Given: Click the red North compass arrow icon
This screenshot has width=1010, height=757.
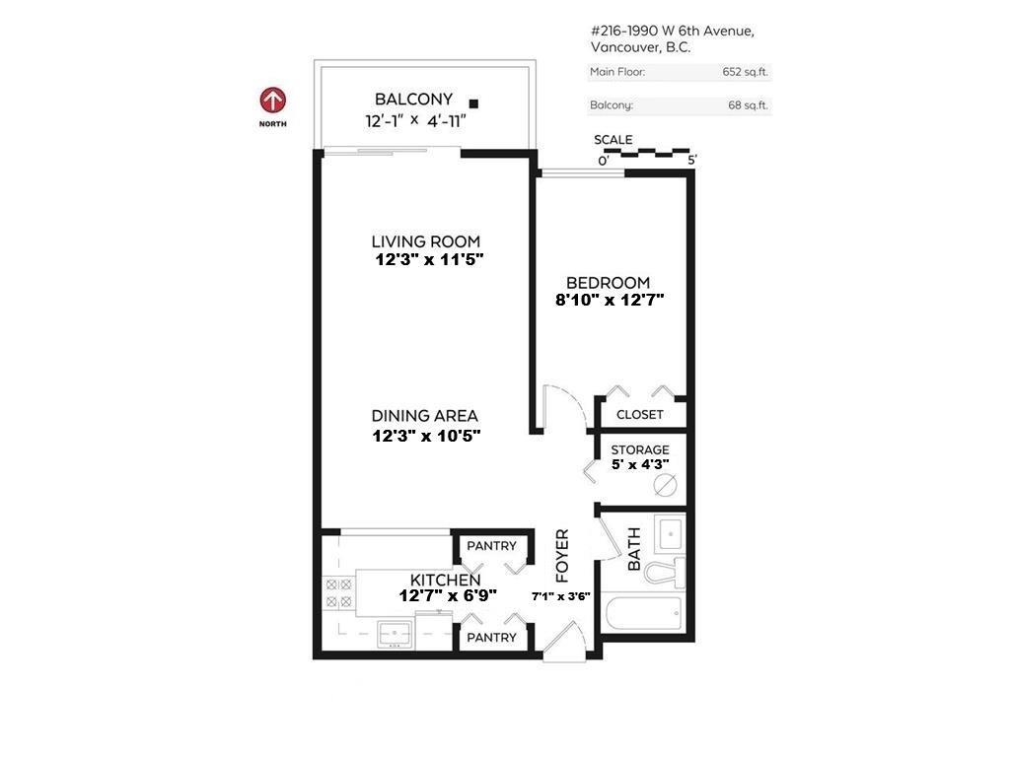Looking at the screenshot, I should tap(273, 101).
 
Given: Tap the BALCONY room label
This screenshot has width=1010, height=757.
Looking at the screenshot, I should tap(413, 100).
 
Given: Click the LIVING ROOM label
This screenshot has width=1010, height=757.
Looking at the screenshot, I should tap(426, 241).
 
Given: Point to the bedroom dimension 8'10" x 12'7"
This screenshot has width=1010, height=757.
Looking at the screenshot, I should tap(610, 301).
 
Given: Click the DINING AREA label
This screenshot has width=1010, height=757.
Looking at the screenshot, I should tap(425, 416).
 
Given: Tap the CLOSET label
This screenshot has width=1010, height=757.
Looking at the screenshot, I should tap(640, 415).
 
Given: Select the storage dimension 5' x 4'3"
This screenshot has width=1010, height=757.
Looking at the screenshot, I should tap(639, 463).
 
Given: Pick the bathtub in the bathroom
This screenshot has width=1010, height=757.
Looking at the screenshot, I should tap(642, 615).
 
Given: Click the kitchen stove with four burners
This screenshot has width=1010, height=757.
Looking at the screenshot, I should tap(339, 593).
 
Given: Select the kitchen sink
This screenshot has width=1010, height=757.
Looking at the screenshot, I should tap(396, 635).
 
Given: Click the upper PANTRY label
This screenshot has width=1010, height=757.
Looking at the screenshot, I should tap(491, 546).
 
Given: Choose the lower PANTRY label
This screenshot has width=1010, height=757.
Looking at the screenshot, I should tap(491, 638).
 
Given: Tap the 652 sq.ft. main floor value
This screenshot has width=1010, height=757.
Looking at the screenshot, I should tap(745, 72).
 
